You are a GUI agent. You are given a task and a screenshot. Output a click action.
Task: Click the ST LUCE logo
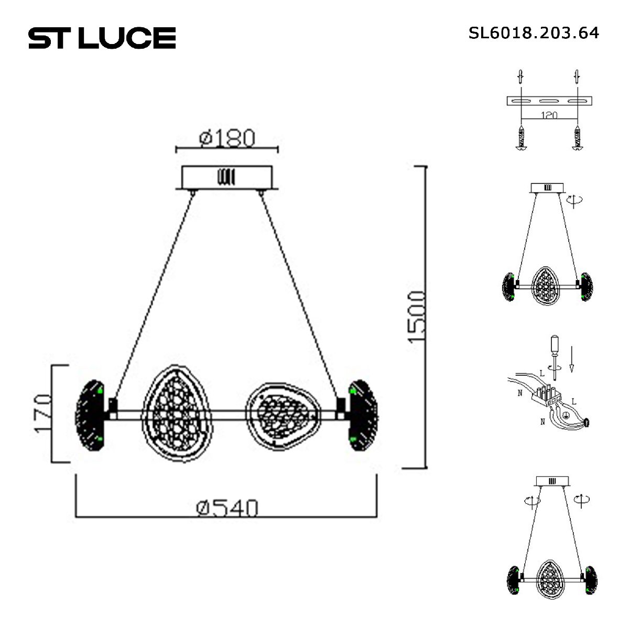click(x=102, y=38)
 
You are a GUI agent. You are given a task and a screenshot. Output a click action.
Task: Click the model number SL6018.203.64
click(x=534, y=33)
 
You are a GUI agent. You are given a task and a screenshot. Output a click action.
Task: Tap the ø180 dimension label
click(x=227, y=138)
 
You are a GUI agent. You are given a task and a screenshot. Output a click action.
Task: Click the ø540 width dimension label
click(x=227, y=507)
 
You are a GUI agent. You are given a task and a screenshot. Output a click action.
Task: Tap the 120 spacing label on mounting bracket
click(x=548, y=115)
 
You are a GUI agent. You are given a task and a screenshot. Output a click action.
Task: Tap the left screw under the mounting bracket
click(x=521, y=139)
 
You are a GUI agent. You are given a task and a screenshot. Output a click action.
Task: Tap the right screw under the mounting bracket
click(x=578, y=139)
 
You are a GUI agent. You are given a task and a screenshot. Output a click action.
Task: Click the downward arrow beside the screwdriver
click(x=571, y=359)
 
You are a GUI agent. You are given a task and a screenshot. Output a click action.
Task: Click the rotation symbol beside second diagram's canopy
click(x=575, y=200)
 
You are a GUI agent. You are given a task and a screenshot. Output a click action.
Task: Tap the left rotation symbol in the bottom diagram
click(x=531, y=501)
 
